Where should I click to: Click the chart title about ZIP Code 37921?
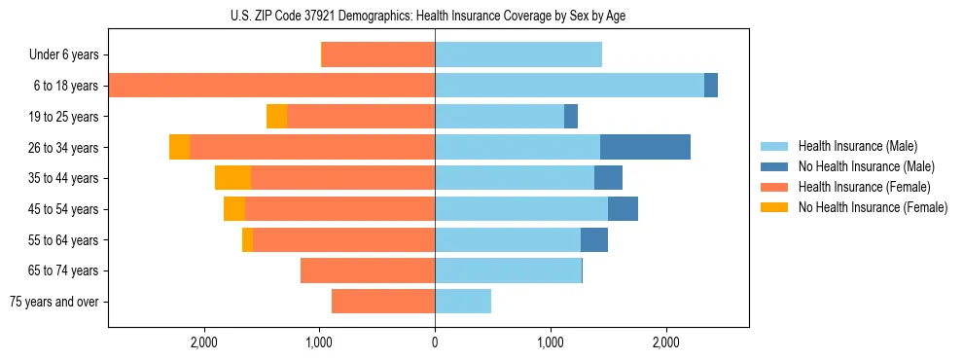[x=435, y=16]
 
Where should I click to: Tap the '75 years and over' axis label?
[x=54, y=302]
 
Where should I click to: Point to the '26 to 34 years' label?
[x=65, y=148]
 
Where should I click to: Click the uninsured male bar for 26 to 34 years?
[x=645, y=147]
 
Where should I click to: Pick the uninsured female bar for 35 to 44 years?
[x=232, y=178]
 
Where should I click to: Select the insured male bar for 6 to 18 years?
[x=569, y=86]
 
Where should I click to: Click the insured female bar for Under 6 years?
[x=377, y=55]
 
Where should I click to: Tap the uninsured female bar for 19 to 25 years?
[x=276, y=117]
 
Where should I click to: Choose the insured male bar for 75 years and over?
[x=463, y=302]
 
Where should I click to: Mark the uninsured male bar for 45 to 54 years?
[x=623, y=209]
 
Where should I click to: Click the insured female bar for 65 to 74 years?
[x=368, y=270]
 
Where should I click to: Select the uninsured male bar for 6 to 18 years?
[x=711, y=86]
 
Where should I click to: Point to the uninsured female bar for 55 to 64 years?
[x=247, y=239]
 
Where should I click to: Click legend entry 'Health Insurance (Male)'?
[x=857, y=146]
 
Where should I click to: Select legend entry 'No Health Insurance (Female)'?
[x=873, y=207]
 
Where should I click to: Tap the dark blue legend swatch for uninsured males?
[x=773, y=166]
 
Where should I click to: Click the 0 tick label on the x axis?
[x=435, y=342]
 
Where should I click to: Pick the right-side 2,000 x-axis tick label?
[x=665, y=342]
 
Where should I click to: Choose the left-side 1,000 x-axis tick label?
[x=320, y=342]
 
